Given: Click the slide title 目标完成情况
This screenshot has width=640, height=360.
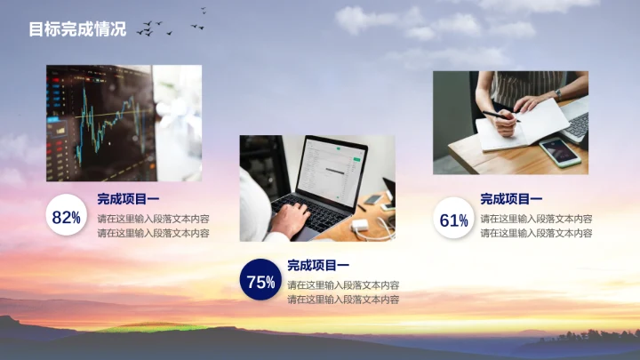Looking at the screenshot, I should coord(77,30).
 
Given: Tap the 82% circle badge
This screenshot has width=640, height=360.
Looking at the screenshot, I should coord(67,217).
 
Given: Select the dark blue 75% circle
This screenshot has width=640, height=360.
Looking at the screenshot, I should coord(260,282).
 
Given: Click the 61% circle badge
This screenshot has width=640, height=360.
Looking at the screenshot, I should coord(453,220).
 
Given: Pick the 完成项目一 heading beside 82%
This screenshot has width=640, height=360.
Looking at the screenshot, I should coord(128,199).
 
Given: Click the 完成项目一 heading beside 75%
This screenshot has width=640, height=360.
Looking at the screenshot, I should coord(318,265).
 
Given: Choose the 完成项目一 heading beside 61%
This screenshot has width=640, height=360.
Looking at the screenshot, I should coord(511,199).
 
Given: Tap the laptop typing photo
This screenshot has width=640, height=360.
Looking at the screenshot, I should coord(317,188).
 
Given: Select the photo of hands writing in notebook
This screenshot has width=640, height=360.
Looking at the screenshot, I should coord(510,123).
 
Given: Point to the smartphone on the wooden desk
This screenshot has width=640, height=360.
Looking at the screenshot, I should coord(560,151).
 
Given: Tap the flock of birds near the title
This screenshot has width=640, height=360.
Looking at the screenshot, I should coord(169,27).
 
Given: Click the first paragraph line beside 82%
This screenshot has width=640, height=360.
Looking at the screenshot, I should coord(153,218).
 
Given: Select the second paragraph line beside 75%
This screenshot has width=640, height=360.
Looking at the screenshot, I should coord(343,300).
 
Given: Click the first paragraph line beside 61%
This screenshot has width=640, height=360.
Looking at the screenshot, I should coord(536,218).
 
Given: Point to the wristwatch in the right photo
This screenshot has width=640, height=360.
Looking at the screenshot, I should coord(558,92).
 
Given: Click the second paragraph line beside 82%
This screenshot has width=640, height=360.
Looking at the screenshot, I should coord(153,233).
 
